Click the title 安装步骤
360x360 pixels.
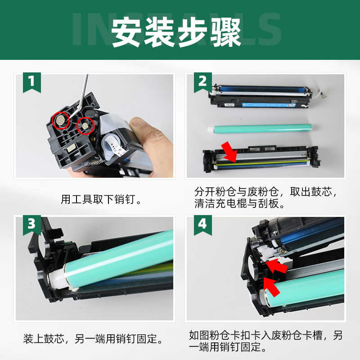point(176,31)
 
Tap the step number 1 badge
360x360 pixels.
point(32,82)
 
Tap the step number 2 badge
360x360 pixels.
point(203,82)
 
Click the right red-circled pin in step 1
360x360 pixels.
point(84,125)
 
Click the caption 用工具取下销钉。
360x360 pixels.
point(101,199)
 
